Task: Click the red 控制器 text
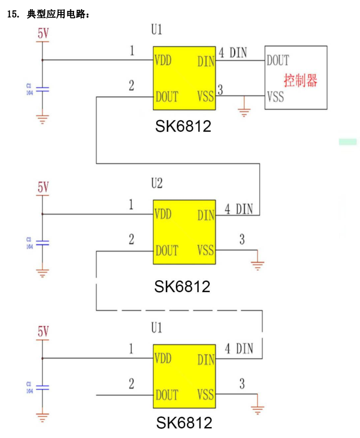point(300,81)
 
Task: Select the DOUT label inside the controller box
point(278,60)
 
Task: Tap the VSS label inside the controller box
point(276,97)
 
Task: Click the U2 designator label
point(156,183)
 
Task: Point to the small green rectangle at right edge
point(347,141)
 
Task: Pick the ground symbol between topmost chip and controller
point(245,112)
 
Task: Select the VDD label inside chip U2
point(163,214)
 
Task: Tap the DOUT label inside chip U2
point(167,251)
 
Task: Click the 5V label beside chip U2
point(43,187)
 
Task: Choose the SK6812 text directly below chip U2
point(182,287)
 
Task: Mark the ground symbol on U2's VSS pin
point(257,266)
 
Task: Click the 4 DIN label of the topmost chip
point(233,53)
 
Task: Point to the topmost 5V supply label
point(43,33)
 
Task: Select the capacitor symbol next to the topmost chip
point(43,89)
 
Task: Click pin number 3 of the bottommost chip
point(242,384)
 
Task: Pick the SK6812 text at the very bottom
point(184,423)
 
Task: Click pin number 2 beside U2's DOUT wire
point(131,239)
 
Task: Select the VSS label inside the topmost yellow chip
point(205,97)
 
